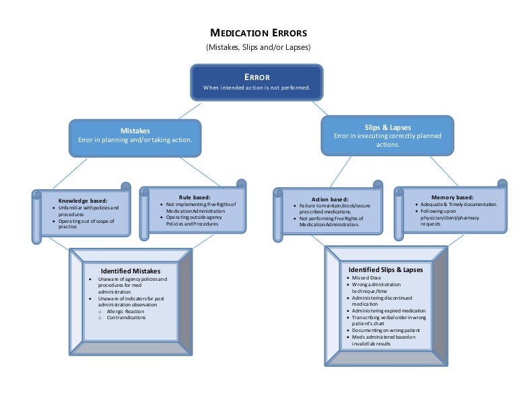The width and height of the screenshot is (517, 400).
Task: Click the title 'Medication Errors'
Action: (258, 33)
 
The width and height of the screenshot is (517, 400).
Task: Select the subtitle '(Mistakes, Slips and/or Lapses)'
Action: (258, 47)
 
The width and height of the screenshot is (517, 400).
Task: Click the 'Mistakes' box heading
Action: (135, 131)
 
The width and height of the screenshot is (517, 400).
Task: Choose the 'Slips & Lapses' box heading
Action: (387, 127)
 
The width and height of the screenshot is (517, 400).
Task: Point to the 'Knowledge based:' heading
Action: (83, 201)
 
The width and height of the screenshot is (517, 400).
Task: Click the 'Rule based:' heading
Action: (195, 197)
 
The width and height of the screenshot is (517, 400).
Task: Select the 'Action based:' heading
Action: (330, 199)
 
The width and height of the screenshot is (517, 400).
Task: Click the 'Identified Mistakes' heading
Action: (131, 271)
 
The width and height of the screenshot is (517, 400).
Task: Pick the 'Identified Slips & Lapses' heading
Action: (386, 269)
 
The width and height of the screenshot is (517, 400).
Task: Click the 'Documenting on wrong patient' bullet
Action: (386, 330)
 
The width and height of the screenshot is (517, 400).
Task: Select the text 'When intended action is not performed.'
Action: (256, 88)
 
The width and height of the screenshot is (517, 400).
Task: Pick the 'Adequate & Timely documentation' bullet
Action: (458, 204)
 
